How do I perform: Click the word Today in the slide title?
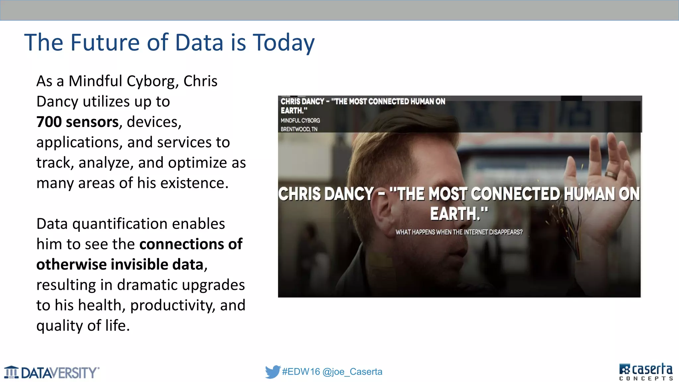coord(283,42)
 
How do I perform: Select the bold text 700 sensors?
coord(78,122)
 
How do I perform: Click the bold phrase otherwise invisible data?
coord(120,265)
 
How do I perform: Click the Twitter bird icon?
coord(273,372)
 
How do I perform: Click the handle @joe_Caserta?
coord(352,372)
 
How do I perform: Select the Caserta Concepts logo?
coord(646,372)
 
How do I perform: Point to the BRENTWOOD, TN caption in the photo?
coord(299,129)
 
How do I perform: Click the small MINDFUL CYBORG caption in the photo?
coord(300,120)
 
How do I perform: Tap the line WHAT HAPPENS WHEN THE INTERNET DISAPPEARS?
coord(459,232)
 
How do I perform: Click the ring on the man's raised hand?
coord(611,175)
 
